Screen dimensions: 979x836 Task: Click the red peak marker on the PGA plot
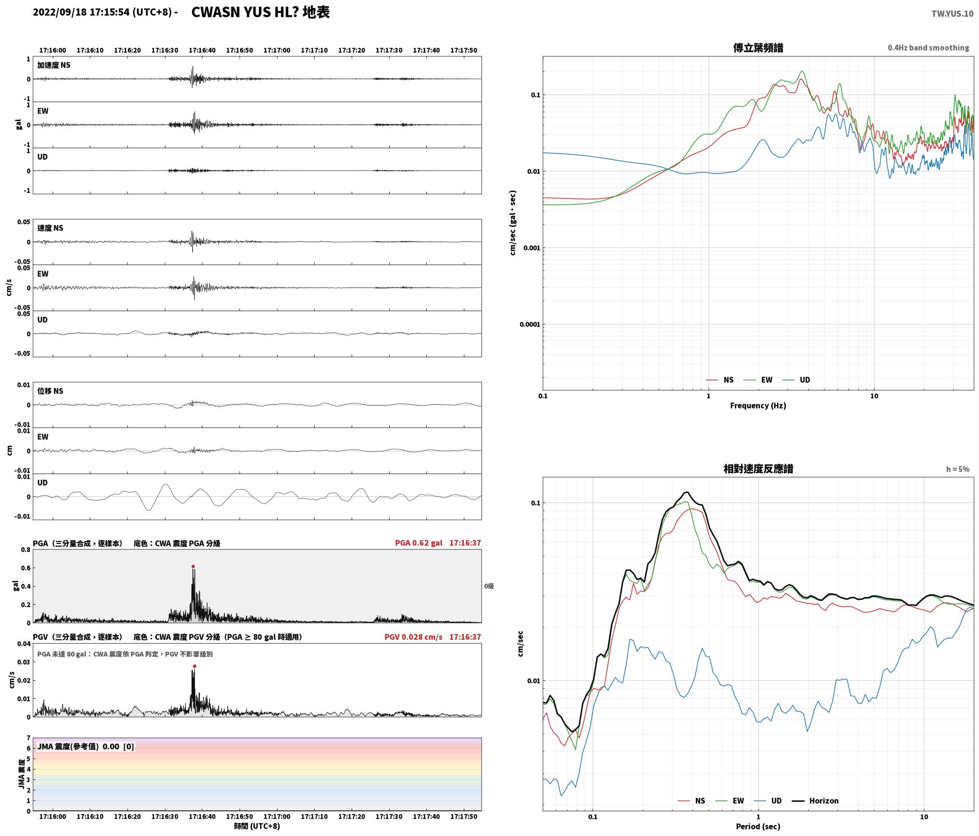point(193,567)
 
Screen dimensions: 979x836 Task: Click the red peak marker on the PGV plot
point(194,666)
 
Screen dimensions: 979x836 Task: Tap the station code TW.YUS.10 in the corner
point(952,14)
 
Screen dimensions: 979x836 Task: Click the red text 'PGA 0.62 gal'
point(418,543)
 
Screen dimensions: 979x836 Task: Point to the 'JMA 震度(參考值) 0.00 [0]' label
point(86,747)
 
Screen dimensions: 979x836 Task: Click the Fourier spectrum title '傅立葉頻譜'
point(758,48)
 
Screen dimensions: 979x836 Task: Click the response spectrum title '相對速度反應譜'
point(758,469)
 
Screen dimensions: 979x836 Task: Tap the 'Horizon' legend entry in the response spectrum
point(824,801)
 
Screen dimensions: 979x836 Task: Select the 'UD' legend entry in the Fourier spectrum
point(805,380)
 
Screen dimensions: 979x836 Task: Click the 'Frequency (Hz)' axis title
point(758,406)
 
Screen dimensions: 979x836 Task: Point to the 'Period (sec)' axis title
point(758,826)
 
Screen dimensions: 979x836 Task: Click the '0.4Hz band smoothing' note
point(928,48)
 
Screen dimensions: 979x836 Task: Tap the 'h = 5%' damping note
point(958,469)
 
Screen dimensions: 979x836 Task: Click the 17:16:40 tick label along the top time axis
point(202,50)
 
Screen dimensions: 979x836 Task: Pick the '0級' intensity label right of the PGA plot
point(489,586)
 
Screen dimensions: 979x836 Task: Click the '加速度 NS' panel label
point(54,65)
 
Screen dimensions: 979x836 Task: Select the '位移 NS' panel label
point(50,391)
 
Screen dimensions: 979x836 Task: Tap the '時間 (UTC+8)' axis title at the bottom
point(257,826)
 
